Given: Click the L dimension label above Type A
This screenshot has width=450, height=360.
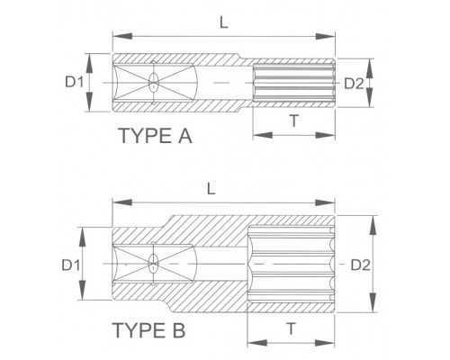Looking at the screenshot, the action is tap(224, 22).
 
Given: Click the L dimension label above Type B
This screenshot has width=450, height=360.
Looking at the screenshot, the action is tap(211, 188).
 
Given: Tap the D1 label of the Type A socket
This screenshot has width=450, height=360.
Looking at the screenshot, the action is tap(75, 82).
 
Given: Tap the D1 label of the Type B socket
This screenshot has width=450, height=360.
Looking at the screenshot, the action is tap(71, 265).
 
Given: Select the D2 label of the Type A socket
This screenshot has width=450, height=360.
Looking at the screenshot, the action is tap(354, 84).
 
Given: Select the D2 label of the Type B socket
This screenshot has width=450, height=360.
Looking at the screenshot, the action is tap(361, 265).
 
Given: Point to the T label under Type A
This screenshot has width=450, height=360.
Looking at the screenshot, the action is tap(294, 121).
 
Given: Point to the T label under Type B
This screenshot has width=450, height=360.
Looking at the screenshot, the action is tap(291, 328).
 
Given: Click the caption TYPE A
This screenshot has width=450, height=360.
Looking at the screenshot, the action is tap(156, 136).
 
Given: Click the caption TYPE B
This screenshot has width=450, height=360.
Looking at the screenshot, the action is tap(148, 330).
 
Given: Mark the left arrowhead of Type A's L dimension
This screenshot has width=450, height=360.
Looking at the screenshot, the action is tap(122, 36).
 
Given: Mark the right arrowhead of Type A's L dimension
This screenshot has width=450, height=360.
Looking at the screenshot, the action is tap(325, 36).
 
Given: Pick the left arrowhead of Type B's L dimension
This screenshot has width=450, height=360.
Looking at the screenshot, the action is tap(122, 202).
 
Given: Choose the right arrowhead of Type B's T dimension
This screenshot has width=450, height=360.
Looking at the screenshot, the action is tap(325, 343).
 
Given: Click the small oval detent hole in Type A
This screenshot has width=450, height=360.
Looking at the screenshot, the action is tap(154, 82).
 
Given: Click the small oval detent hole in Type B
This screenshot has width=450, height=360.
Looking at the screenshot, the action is tap(154, 263).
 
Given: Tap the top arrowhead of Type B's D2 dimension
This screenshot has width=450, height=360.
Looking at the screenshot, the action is tap(373, 226).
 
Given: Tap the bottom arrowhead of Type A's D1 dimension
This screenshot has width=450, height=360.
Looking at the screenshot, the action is tap(89, 102).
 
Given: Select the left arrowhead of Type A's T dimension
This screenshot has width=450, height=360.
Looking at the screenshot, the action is tap(263, 135).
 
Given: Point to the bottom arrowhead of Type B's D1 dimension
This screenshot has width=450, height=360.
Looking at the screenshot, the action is tap(82, 290).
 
